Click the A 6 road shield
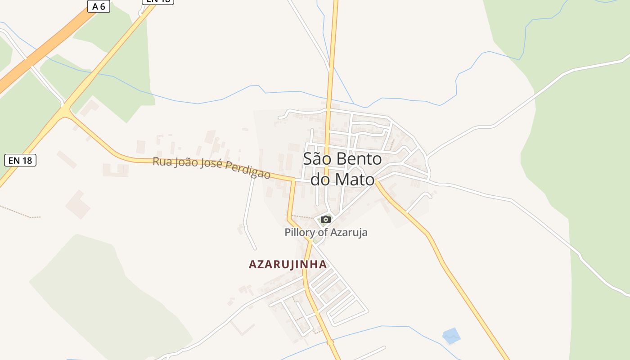98,6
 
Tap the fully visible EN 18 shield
20,160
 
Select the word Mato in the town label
355,180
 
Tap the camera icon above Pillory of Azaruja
326,219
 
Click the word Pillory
300,232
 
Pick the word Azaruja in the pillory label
349,232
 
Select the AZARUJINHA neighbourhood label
288,264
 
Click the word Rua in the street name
162,161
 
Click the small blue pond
451,335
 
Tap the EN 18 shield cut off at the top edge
158,1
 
